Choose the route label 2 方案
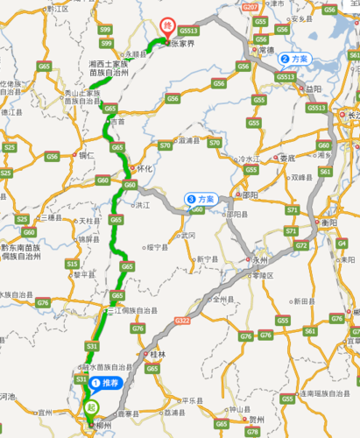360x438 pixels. click(x=294, y=60)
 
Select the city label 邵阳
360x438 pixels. click(x=251, y=195)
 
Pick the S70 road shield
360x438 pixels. click(x=165, y=145)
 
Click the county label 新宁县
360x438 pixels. click(x=206, y=259)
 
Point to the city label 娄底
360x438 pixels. click(x=288, y=158)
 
